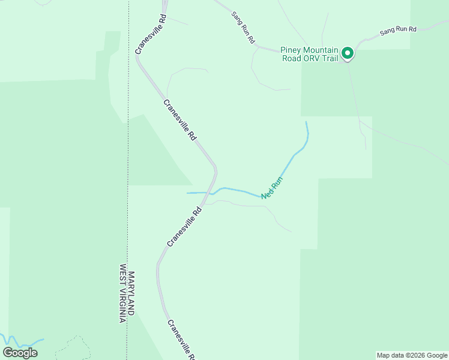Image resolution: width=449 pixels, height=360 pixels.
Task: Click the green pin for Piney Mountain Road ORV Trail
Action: point(347,54)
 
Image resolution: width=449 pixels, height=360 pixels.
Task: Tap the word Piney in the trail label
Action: point(292,50)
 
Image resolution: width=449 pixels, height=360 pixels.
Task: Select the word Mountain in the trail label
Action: point(322,50)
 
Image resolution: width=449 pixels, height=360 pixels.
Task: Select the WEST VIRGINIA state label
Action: point(122,294)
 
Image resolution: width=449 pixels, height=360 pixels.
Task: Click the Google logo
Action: point(20,353)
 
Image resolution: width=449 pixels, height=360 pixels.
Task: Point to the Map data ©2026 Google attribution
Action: point(412,355)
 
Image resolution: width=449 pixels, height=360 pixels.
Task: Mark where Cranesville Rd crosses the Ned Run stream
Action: point(210,193)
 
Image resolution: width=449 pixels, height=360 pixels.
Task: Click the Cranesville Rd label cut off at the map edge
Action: point(181,340)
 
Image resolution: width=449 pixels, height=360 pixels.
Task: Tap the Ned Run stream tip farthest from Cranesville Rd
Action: point(306,122)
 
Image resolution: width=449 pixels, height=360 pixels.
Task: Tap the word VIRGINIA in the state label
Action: point(122,307)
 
